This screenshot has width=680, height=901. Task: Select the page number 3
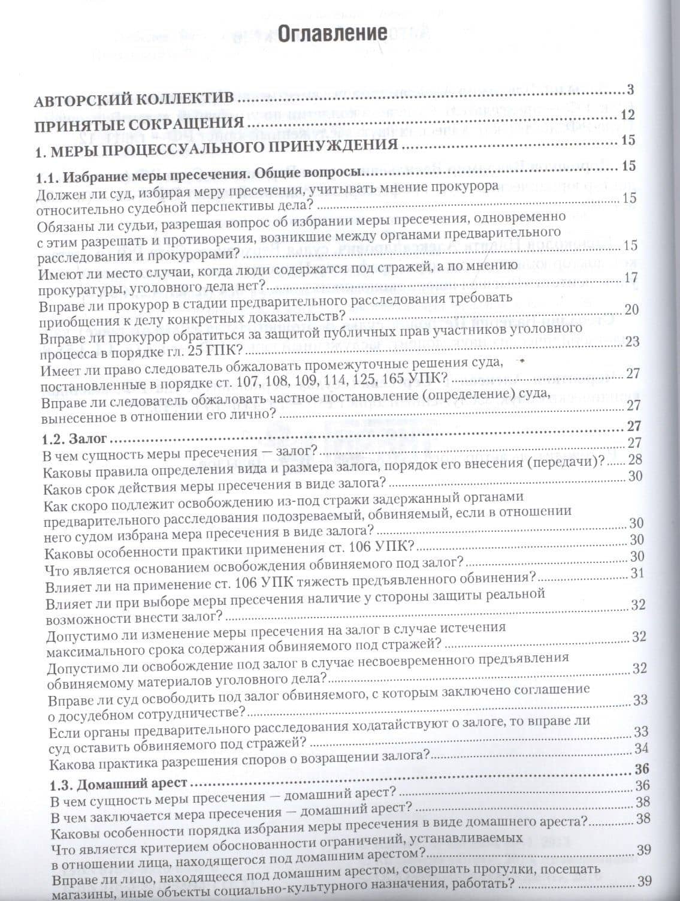630,91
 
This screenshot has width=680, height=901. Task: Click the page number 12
628,115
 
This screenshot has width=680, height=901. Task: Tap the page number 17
631,278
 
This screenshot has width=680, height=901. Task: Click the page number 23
632,341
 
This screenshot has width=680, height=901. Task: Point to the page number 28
635,459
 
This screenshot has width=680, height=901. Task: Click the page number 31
637,572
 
